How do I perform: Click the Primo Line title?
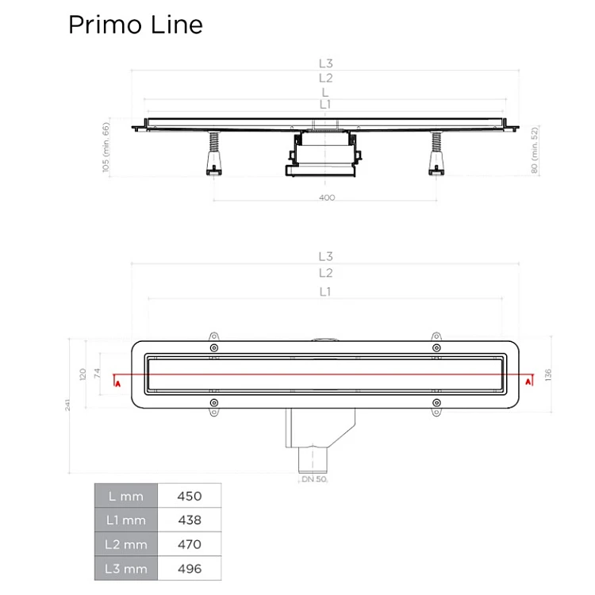pos(136,25)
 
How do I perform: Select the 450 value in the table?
pos(190,496)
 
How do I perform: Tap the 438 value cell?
pos(190,520)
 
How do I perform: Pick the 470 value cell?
pos(190,544)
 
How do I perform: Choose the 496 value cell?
pos(190,569)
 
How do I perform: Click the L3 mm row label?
pos(126,569)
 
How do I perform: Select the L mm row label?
pos(126,496)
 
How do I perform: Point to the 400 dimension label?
pos(327,198)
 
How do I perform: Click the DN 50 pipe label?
pos(314,479)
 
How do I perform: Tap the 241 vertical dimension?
pos(67,405)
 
